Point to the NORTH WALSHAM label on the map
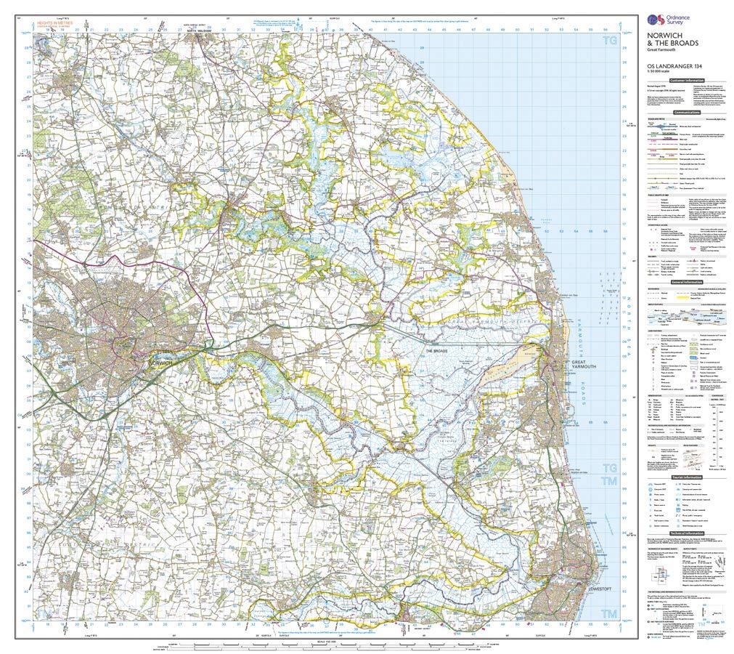[x=201, y=32]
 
